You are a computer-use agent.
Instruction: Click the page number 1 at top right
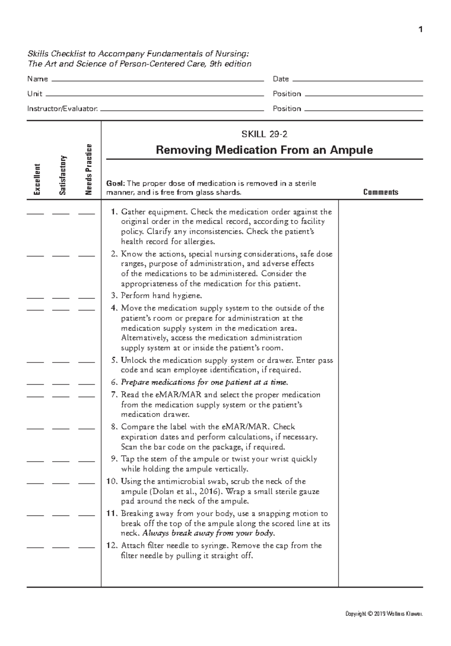tap(421, 29)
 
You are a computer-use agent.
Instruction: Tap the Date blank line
tap(357, 80)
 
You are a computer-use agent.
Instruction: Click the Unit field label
tap(35, 94)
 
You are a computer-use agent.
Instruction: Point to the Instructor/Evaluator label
tap(62, 109)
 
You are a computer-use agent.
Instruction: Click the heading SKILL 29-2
tap(264, 134)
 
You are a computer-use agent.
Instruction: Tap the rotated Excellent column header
tap(36, 179)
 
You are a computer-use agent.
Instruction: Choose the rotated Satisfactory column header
tap(62, 175)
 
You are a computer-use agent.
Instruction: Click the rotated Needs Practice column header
tap(88, 170)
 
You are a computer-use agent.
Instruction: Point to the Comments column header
tap(380, 192)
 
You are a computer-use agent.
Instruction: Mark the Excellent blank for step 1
tap(35, 214)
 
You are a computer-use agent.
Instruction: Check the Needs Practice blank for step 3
tap(86, 298)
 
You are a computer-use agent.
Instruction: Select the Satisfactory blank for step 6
tap(61, 384)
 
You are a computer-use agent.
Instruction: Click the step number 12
tap(112, 546)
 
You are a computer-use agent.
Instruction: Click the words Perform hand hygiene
tap(162, 295)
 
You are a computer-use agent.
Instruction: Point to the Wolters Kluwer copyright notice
tap(384, 614)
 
